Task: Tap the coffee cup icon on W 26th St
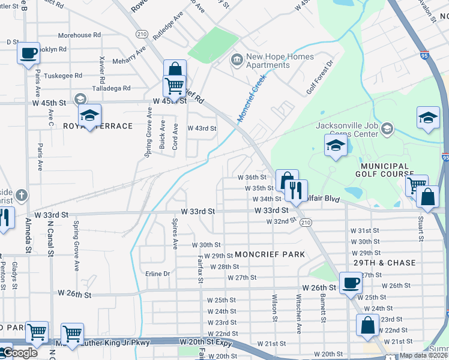click(x=351, y=283)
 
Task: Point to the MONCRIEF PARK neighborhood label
click(x=270, y=254)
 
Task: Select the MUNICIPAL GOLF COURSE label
click(x=385, y=170)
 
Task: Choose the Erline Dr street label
click(x=158, y=274)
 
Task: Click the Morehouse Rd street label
click(x=79, y=35)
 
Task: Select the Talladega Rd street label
click(x=111, y=88)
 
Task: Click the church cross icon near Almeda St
click(x=22, y=195)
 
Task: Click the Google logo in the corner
click(x=19, y=353)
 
